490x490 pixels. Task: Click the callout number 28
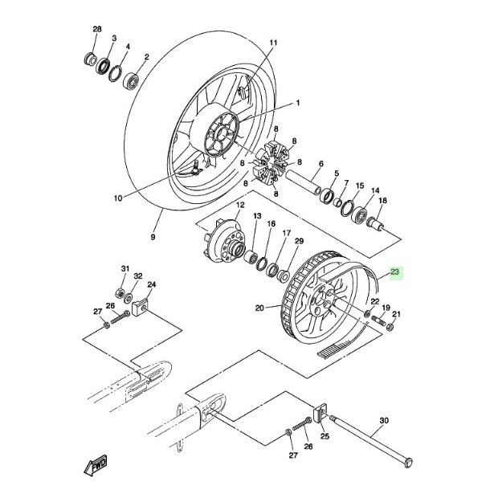(x=97, y=30)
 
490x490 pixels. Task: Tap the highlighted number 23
(x=394, y=273)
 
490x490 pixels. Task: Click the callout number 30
(x=383, y=421)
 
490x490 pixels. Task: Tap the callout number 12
(x=239, y=206)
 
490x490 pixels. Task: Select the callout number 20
(x=259, y=307)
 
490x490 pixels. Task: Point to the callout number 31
(x=125, y=268)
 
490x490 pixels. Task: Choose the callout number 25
(x=325, y=436)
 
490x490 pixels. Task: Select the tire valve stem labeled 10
(x=195, y=168)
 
